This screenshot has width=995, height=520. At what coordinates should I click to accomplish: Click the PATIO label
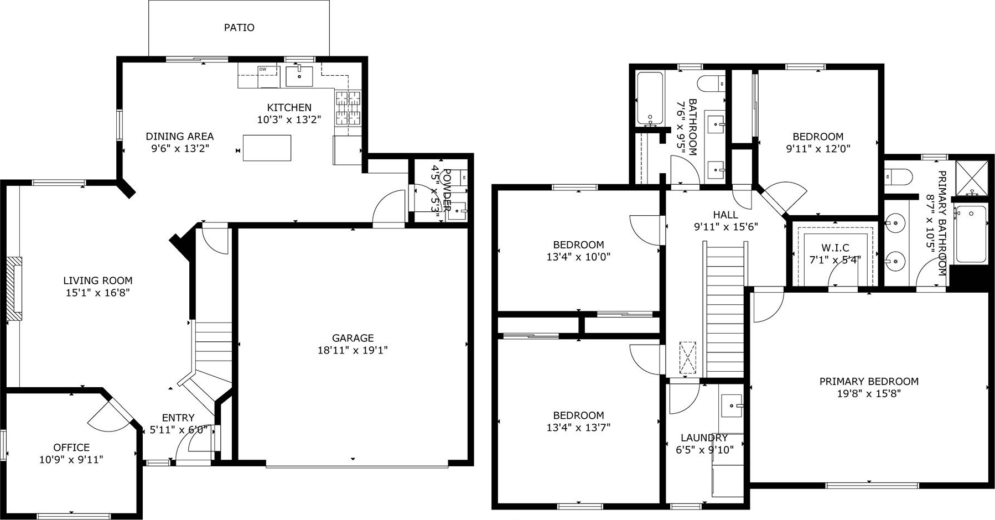coord(239,27)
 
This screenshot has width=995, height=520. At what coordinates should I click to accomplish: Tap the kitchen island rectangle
coord(267,148)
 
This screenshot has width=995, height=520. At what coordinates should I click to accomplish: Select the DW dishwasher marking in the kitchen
coord(263,69)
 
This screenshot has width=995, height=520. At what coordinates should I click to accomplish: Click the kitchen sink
coord(299,76)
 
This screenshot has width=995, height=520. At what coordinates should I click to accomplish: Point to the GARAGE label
coord(353,338)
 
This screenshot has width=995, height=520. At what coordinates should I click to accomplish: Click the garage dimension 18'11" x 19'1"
coord(353,350)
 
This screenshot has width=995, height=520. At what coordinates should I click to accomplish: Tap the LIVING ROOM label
coord(98,280)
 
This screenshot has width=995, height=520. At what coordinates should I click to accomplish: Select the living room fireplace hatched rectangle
coord(14,289)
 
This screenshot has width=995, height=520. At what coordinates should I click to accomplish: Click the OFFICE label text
coord(71,448)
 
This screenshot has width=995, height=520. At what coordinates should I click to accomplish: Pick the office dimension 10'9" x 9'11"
coord(71,460)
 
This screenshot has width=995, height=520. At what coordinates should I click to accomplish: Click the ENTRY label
coord(178,418)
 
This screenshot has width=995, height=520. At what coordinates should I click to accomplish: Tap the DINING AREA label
coord(179,136)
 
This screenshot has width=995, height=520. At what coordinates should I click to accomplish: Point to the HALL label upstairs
coord(725,215)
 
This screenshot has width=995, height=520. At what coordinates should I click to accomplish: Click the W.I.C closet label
coord(835,248)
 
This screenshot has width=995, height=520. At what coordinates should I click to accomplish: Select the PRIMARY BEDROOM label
coord(869,381)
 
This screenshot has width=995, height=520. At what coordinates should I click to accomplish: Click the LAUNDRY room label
coord(704,438)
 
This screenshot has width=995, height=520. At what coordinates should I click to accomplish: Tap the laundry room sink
coord(732,407)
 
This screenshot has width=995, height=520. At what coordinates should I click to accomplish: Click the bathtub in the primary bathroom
coord(971,234)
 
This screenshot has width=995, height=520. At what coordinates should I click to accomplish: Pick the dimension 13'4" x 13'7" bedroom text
coord(579,428)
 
